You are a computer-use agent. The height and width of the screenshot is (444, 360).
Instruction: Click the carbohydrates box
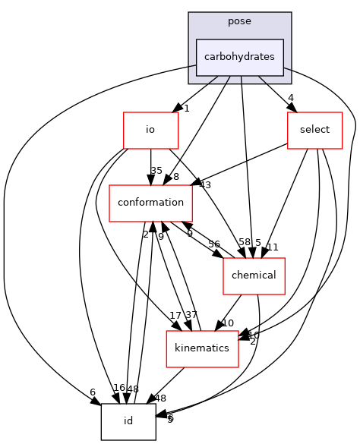coord(239,57)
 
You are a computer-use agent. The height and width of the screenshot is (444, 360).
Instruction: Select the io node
coord(150,130)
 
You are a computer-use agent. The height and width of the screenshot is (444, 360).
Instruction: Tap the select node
coord(314,130)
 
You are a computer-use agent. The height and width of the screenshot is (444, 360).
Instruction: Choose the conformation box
coord(150,203)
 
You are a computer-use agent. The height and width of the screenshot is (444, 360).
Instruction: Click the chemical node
coord(253,276)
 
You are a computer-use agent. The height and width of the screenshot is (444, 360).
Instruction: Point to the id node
coord(128,421)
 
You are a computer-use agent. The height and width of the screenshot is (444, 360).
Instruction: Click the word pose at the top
coord(239,20)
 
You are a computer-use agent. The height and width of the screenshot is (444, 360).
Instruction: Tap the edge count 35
coord(157,171)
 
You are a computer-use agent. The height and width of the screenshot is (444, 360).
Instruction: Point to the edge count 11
coord(273,247)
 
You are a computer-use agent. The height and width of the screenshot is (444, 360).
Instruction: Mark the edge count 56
coord(214,244)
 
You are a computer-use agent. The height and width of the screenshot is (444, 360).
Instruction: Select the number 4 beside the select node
coord(291,97)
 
